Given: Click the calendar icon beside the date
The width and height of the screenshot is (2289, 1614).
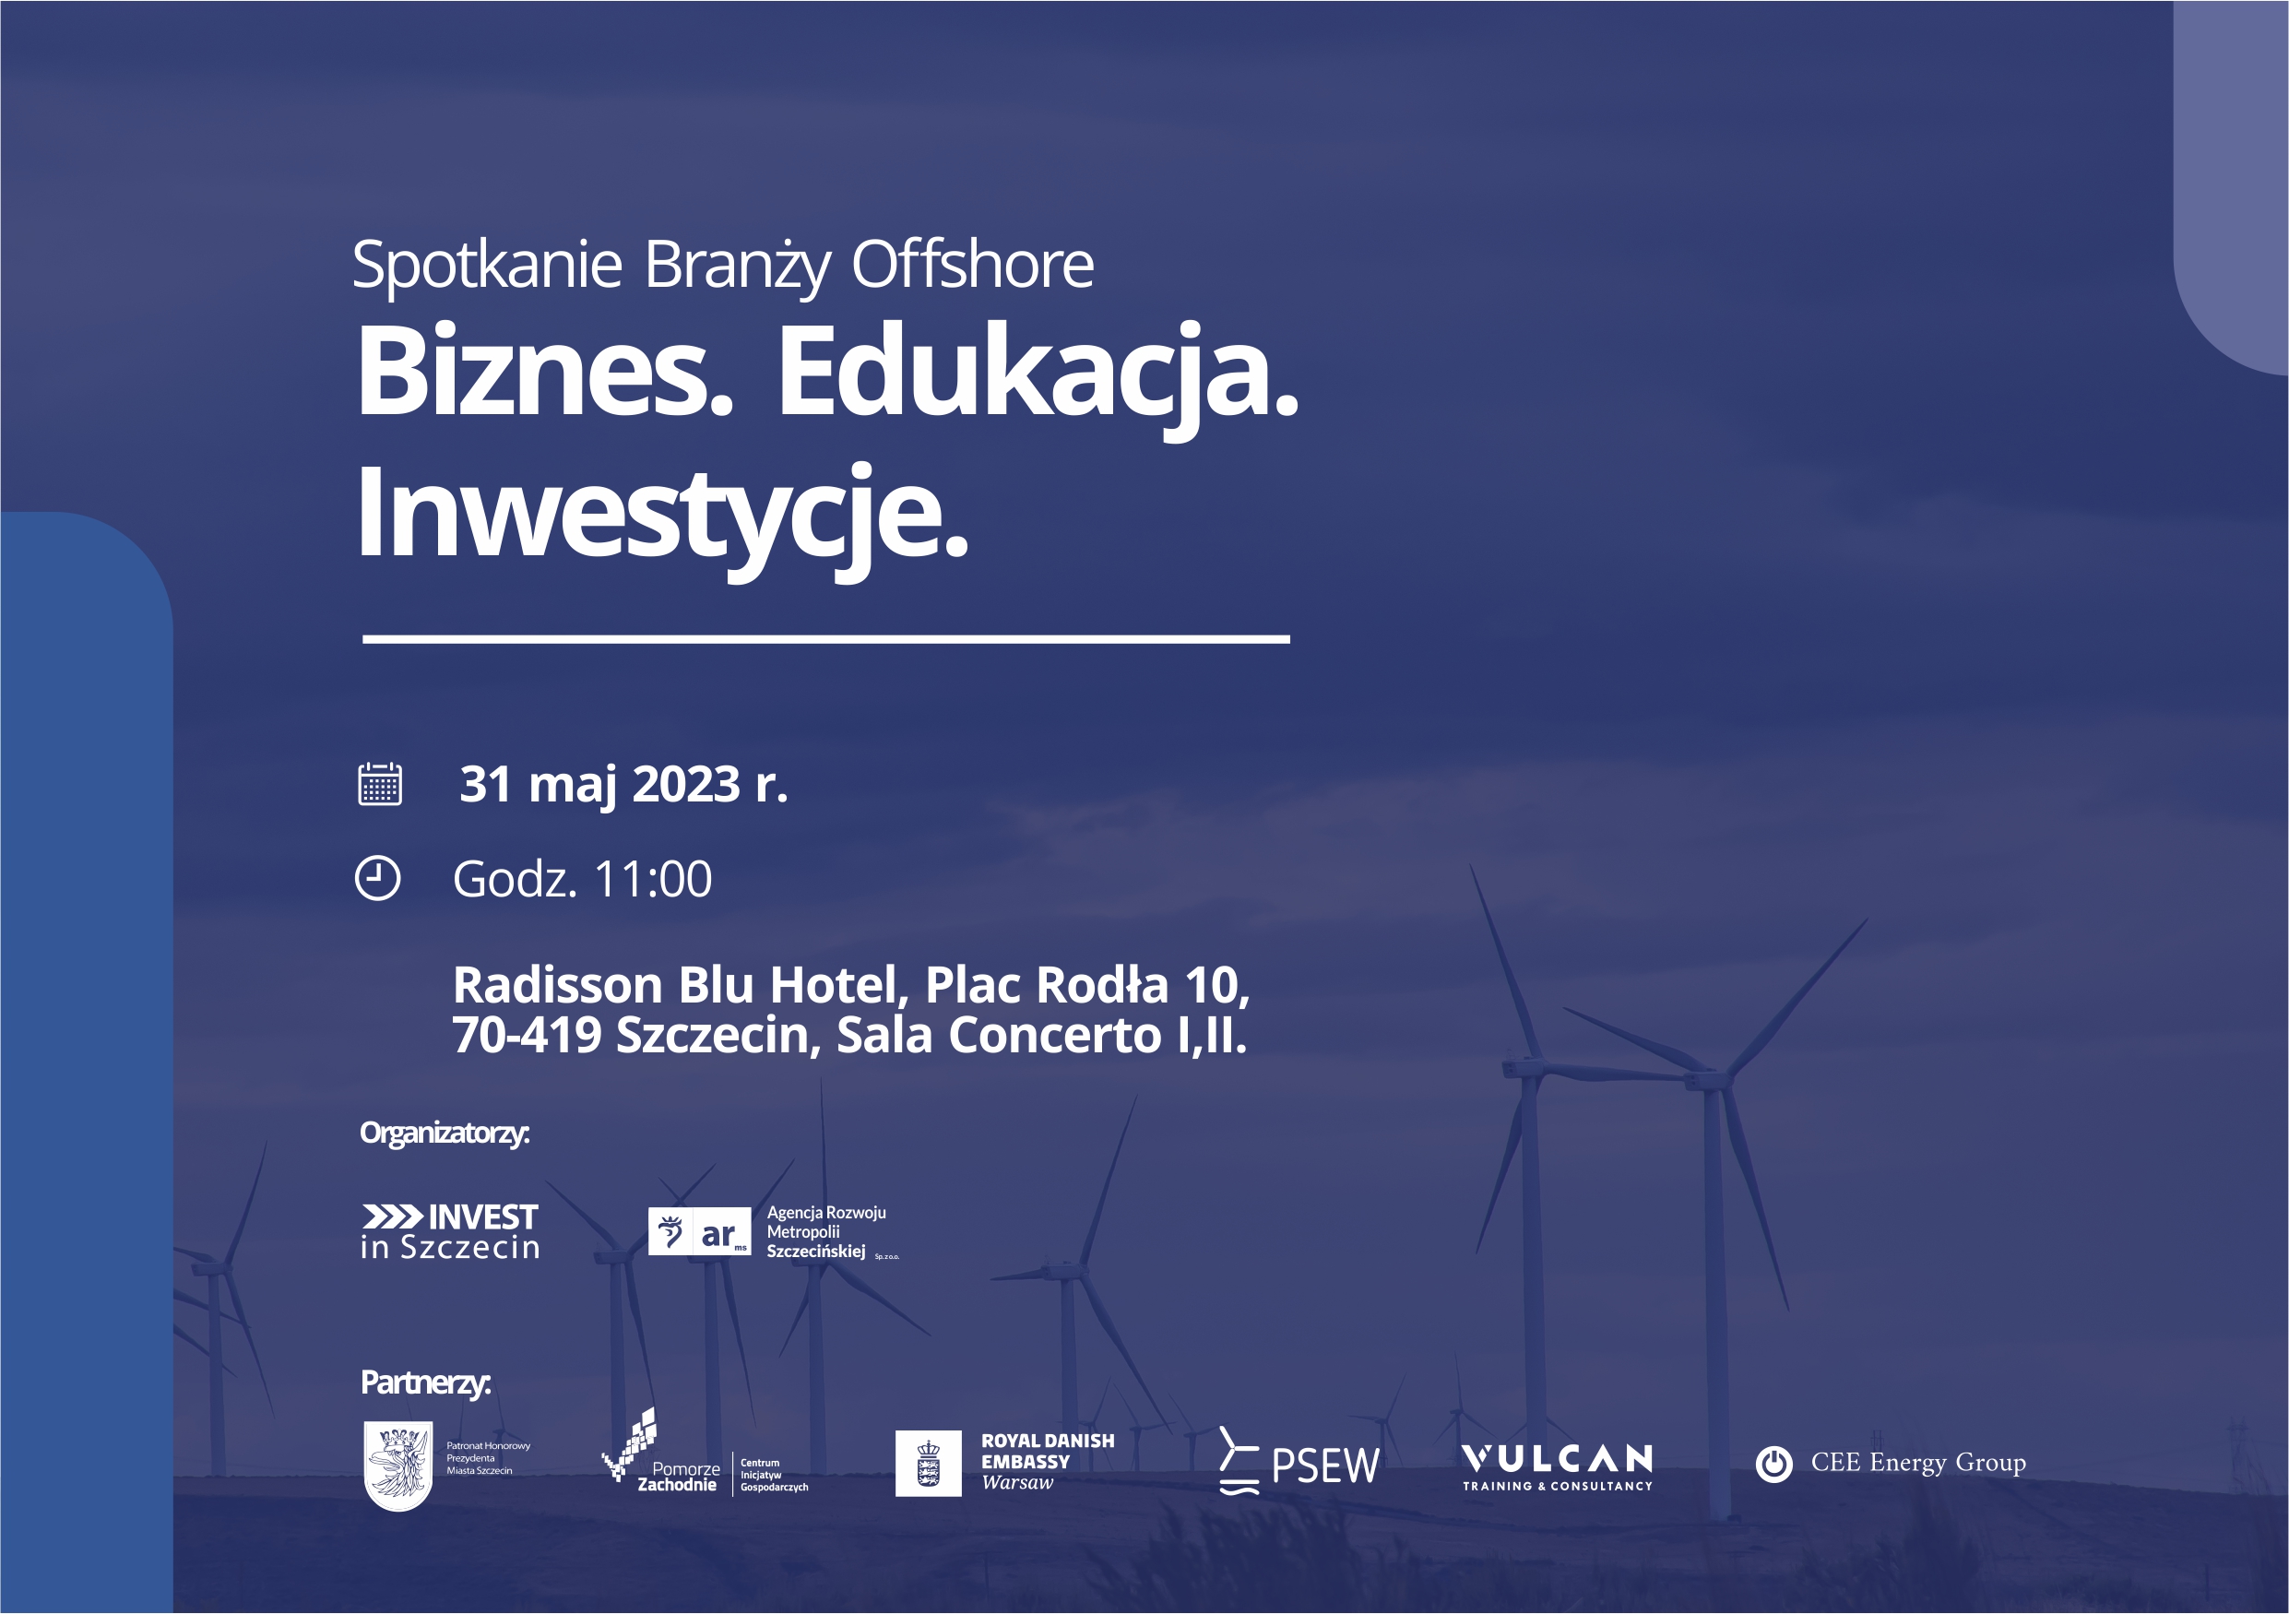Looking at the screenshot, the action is [x=380, y=784].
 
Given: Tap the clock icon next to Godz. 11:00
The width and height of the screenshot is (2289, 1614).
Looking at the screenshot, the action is [x=378, y=878].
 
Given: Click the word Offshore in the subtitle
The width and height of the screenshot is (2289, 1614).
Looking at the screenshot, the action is [x=972, y=266].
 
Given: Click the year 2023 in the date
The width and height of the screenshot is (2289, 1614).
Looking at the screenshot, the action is [x=687, y=784].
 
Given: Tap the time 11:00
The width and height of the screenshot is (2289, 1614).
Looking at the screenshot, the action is [x=653, y=879].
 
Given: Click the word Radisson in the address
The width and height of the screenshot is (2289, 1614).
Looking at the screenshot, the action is [x=557, y=985].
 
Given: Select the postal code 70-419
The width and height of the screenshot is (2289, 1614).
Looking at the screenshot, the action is [x=527, y=1035].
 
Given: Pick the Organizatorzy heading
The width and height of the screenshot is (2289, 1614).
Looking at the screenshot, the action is [x=445, y=1133].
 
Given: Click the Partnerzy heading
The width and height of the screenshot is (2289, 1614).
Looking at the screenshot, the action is [x=426, y=1383].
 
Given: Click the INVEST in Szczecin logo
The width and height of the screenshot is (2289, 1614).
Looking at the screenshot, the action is [x=450, y=1231].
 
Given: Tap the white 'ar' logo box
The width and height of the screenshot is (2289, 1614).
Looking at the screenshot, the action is [x=699, y=1231].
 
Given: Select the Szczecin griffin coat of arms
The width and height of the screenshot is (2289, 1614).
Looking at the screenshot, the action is [x=397, y=1466].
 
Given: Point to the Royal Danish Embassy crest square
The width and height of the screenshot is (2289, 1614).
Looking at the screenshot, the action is [x=928, y=1464].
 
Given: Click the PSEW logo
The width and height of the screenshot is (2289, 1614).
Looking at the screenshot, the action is [x=1299, y=1462].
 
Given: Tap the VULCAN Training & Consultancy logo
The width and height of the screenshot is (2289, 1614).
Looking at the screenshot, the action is [x=1558, y=1467].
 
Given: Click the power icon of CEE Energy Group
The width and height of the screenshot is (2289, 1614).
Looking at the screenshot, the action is [x=1773, y=1465].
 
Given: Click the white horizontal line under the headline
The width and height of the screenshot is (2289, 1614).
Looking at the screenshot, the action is [x=826, y=639].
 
